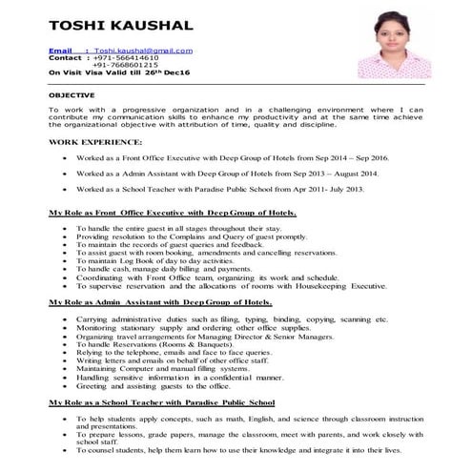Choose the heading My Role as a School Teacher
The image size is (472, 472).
coord(162,403)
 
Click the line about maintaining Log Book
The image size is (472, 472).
coord(154,259)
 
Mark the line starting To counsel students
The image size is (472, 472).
coord(238,449)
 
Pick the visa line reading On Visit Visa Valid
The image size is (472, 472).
coord(119,72)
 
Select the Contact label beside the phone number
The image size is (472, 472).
coord(66,57)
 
